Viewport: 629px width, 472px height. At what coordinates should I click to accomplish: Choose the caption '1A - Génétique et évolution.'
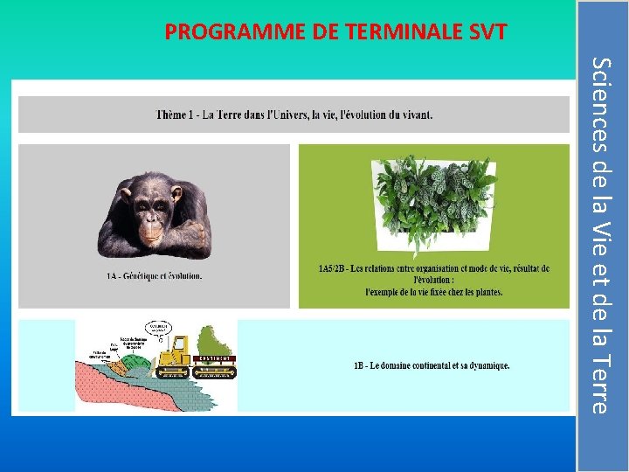[154, 276]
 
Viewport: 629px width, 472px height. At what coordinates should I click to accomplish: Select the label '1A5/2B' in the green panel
[334, 268]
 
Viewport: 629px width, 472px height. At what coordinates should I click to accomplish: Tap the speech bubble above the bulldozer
[159, 328]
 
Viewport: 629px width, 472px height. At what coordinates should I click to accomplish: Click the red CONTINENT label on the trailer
[215, 358]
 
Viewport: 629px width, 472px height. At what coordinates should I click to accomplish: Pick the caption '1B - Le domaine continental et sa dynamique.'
[431, 365]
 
